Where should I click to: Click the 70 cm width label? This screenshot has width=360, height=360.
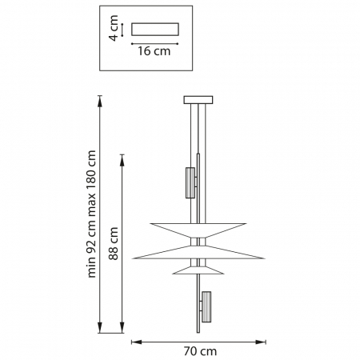point(200,351)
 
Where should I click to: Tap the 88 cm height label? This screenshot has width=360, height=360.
point(114,243)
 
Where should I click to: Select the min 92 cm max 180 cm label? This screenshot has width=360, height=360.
point(91,214)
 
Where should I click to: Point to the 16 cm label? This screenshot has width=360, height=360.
point(154,51)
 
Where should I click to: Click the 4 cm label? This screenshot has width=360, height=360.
point(114,28)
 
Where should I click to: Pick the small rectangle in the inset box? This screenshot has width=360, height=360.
point(155,30)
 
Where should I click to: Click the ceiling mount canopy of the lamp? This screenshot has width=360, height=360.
point(198,100)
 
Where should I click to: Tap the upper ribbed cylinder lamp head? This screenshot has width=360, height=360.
point(190,183)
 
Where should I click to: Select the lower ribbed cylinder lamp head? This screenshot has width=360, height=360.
point(206,307)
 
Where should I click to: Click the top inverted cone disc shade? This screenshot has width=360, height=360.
point(198,230)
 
